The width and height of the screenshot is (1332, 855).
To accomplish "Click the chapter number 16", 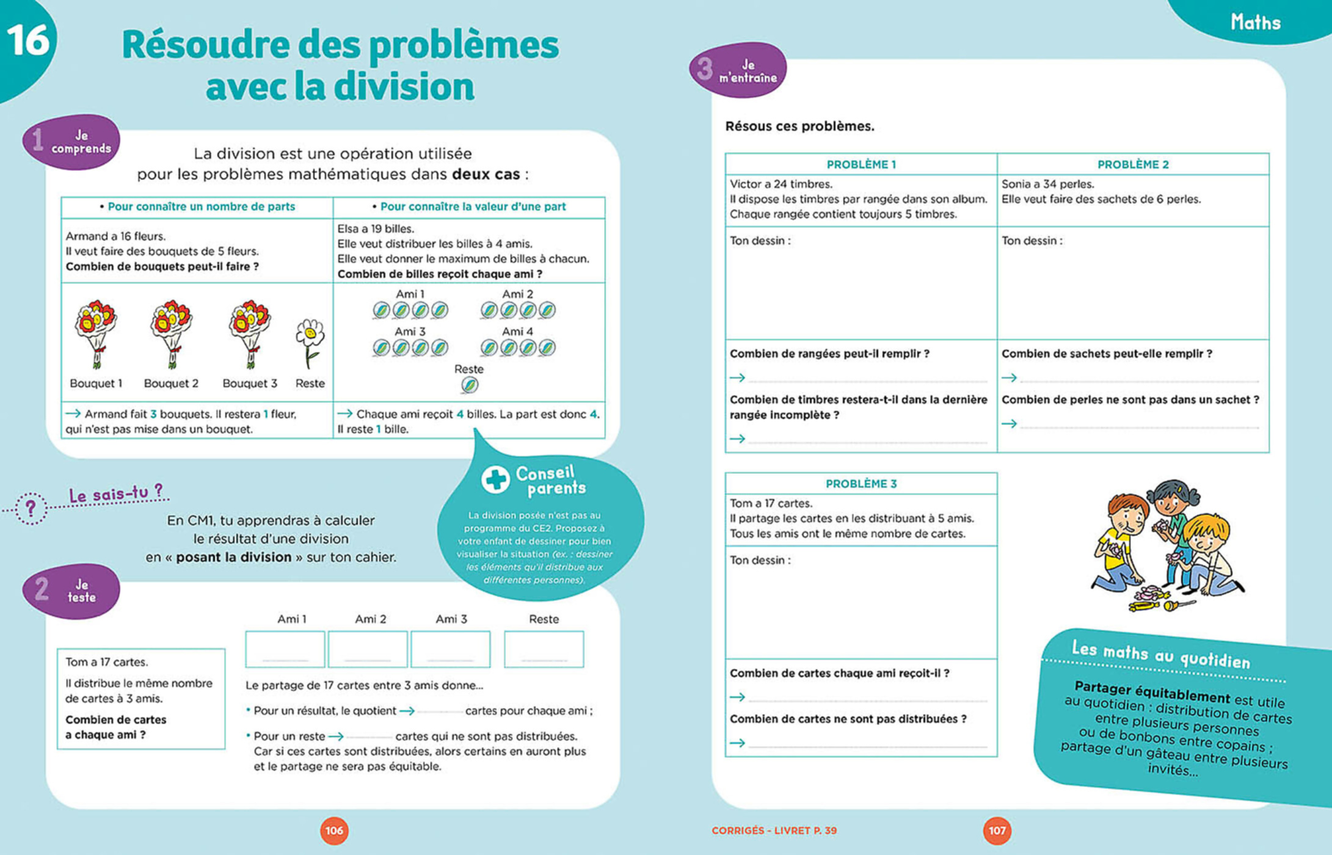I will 27,40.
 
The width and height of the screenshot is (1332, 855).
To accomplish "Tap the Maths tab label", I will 1255,23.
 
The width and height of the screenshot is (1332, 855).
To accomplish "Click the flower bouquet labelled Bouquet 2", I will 171,333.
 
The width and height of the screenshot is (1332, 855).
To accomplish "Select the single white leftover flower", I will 310,342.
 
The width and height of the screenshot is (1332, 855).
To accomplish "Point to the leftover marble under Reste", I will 469,385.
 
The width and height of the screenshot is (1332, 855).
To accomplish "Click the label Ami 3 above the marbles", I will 410,332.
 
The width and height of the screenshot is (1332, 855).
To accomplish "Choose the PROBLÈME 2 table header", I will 1132,164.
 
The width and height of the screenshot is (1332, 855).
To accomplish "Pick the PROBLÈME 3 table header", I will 861,484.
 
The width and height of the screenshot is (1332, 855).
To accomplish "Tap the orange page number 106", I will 334,831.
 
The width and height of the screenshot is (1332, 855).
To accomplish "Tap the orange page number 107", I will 997,831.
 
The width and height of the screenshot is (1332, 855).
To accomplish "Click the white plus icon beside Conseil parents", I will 495,479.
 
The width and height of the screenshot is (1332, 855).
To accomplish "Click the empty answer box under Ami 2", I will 368,649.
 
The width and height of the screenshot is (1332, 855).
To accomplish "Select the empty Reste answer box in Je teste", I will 544,649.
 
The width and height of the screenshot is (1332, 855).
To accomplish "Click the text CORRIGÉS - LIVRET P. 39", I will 774,831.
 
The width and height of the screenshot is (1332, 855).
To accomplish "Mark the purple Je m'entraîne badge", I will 738,70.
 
